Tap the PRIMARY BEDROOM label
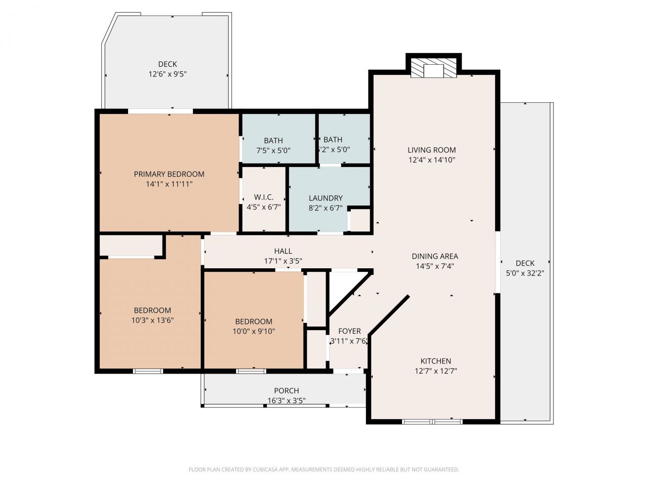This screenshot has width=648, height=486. click(x=169, y=174)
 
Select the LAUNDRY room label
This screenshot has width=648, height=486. click(x=326, y=198)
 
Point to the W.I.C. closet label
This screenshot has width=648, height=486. click(x=264, y=197)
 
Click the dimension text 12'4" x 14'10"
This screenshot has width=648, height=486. click(x=432, y=160)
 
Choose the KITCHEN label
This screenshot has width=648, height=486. click(x=435, y=361)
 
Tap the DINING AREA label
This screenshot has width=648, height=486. click(x=434, y=256)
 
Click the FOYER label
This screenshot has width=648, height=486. click(x=349, y=331)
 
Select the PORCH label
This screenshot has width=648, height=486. click(x=287, y=391)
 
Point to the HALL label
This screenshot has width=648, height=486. click(x=283, y=251)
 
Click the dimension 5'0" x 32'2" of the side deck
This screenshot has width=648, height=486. click(x=525, y=273)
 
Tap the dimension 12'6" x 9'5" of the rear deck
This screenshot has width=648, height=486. click(x=168, y=74)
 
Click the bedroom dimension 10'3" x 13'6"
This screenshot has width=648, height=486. click(x=152, y=320)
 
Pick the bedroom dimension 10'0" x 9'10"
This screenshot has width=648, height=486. click(x=254, y=331)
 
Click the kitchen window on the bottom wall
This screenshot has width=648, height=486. click(x=432, y=421)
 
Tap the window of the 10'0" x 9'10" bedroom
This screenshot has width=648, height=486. click(x=251, y=371)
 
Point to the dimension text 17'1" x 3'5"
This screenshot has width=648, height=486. click(x=283, y=261)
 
